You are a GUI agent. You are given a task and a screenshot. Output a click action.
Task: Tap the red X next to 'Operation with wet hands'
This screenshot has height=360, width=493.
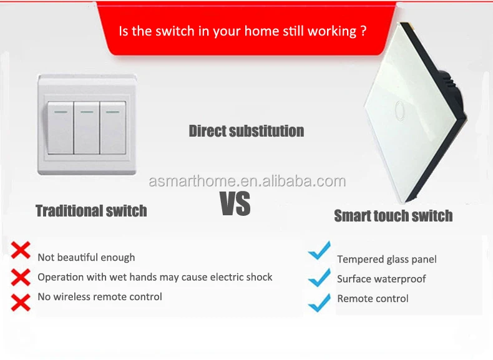click(x=21, y=277)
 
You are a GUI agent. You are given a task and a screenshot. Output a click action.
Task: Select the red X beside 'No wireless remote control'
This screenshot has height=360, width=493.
click(x=21, y=303)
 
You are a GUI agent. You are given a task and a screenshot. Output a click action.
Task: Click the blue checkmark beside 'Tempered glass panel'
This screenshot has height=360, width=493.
click(x=320, y=251)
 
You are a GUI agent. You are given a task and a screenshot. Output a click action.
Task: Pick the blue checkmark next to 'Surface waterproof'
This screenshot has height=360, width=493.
click(x=320, y=278)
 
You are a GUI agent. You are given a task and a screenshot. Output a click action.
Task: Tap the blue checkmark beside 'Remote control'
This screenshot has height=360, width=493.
click(x=320, y=303)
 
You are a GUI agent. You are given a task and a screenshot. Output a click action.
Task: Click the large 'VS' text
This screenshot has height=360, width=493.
click(x=235, y=204)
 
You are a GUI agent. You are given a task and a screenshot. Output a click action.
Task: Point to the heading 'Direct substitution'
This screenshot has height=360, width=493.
click(x=246, y=131)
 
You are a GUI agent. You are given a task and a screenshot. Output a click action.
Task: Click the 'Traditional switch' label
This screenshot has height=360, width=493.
click(x=91, y=211)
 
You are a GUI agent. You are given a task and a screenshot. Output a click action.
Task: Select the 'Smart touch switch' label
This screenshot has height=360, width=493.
click(x=393, y=216)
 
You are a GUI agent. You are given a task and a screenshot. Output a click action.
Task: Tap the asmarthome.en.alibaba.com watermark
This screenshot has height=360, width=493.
click(x=247, y=181)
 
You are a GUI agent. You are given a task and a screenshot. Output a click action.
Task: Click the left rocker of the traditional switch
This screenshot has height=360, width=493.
click(x=61, y=128)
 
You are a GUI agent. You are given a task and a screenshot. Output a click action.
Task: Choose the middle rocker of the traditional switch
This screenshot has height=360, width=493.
click(x=87, y=128)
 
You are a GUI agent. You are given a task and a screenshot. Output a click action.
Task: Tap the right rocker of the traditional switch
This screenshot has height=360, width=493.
click(x=113, y=128)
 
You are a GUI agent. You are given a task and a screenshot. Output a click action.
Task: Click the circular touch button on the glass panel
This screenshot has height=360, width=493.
click(x=399, y=110)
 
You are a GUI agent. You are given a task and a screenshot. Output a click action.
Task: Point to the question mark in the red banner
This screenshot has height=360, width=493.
click(x=363, y=31)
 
